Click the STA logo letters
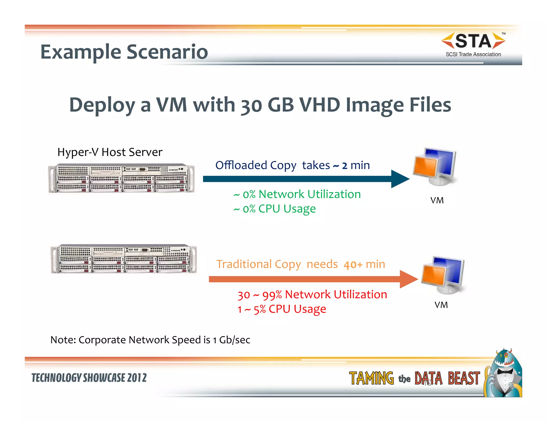(473, 41)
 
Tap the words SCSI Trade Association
(473, 54)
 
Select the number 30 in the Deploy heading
(251, 105)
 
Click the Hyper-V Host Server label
(110, 152)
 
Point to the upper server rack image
(122, 178)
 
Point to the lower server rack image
(124, 259)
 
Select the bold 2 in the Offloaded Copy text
(345, 166)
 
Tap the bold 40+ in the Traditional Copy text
(353, 265)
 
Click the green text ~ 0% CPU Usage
(275, 209)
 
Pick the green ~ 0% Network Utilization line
(297, 194)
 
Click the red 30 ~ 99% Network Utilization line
(312, 295)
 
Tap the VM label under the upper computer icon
(437, 200)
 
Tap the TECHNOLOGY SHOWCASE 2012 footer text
(89, 378)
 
